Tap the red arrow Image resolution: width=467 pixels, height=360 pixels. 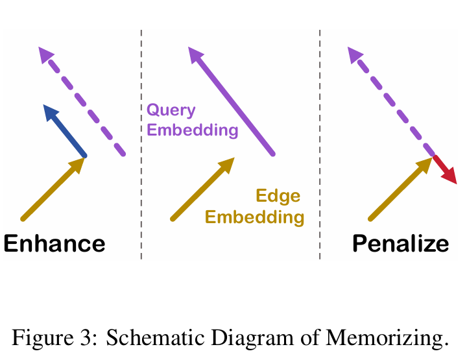(444, 168)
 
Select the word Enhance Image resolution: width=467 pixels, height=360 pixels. (54, 244)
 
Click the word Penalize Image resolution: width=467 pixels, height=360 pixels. (400, 244)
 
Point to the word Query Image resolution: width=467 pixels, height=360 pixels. (171, 110)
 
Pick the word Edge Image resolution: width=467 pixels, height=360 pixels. (278, 196)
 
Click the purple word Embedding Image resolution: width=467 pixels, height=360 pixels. (193, 130)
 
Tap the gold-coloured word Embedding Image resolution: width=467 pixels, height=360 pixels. (254, 217)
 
